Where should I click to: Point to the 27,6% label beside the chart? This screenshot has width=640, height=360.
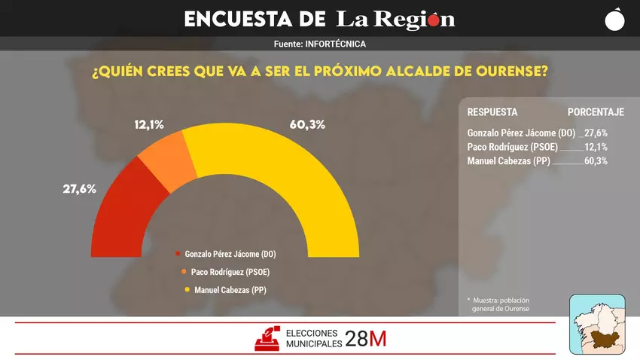79,189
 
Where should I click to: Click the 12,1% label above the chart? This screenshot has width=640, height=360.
149,124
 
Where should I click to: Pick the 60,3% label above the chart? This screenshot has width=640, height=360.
307,124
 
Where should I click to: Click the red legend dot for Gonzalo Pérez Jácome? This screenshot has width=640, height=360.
178,254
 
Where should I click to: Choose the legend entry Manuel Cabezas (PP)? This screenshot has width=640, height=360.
229,290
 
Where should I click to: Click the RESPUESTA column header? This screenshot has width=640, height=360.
492,112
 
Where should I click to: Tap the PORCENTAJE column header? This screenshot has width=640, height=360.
596,112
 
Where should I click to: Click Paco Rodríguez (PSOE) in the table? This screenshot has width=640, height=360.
511,147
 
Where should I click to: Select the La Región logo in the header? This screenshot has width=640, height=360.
395,19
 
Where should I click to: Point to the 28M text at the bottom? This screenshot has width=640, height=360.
366,339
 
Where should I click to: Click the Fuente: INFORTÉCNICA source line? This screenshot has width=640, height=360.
320,44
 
